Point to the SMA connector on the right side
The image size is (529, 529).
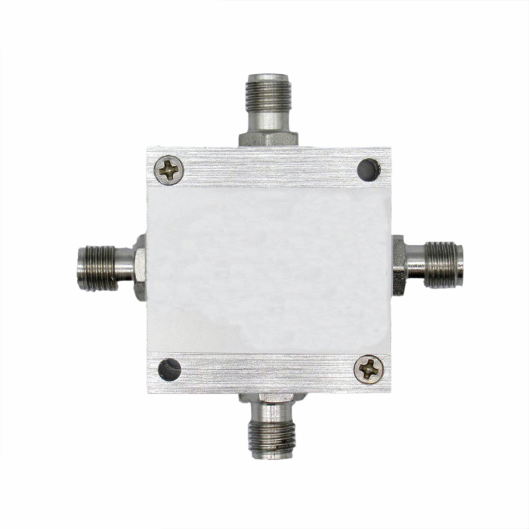[434, 264]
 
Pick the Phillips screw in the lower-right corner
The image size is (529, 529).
[370, 369]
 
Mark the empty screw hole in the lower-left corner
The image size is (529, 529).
[170, 370]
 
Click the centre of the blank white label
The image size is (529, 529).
[269, 268]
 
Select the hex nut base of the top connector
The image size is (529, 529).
[268, 138]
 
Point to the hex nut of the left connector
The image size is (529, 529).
[139, 266]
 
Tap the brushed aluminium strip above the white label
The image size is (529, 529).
[269, 168]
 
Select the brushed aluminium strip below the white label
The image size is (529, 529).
[269, 370]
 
